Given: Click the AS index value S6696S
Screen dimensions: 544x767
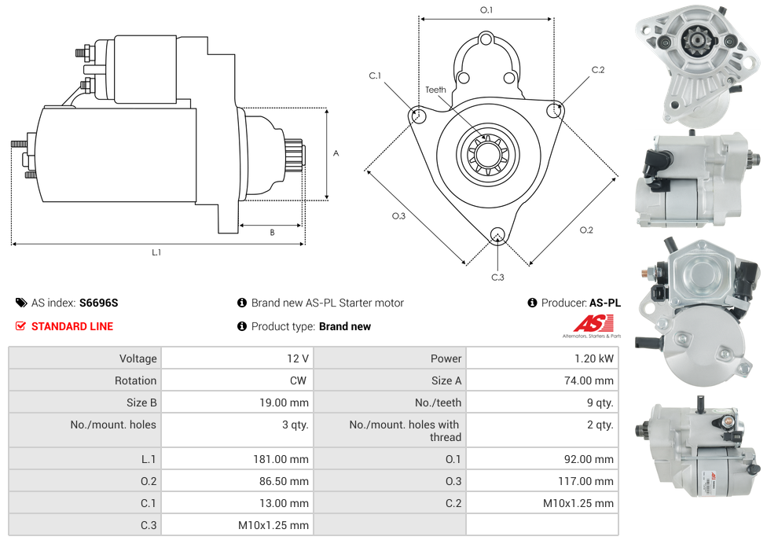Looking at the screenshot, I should click(98, 303).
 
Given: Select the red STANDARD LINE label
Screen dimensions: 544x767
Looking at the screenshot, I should click(72, 326).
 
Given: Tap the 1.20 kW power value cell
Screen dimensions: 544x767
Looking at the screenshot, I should click(594, 358).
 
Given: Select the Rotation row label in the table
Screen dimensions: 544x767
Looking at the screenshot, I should click(135, 380).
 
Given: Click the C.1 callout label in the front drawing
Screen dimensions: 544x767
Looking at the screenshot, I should click(375, 76).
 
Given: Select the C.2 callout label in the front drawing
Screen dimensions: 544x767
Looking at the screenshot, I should click(598, 70).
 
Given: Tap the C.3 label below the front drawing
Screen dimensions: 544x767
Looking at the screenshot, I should click(497, 278).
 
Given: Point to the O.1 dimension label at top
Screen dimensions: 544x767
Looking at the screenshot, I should click(486, 10).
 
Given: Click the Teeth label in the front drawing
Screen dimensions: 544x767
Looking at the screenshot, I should click(435, 90).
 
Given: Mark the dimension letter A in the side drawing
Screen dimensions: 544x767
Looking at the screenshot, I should click(336, 153).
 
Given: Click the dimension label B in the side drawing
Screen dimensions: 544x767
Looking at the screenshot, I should click(272, 233).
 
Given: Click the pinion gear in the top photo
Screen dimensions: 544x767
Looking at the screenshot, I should click(695, 39).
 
